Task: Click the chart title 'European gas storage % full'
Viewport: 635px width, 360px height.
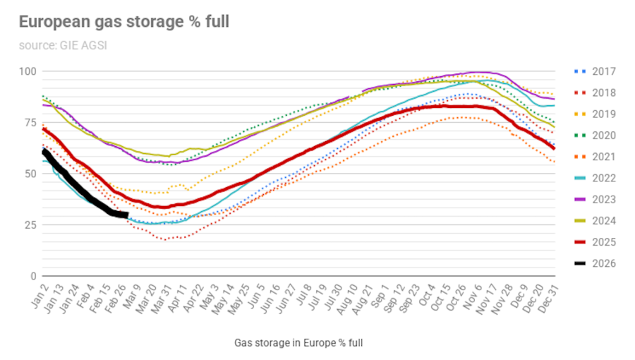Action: point(123,22)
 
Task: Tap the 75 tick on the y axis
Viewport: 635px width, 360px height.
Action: point(30,122)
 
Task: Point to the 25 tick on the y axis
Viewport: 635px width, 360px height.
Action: point(30,224)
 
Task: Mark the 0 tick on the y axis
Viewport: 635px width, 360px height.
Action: point(32,276)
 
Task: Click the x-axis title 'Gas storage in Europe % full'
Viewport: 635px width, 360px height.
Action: point(298,343)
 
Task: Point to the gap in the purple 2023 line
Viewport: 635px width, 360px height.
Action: point(356,94)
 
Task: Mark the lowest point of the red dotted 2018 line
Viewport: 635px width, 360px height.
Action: point(164,239)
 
